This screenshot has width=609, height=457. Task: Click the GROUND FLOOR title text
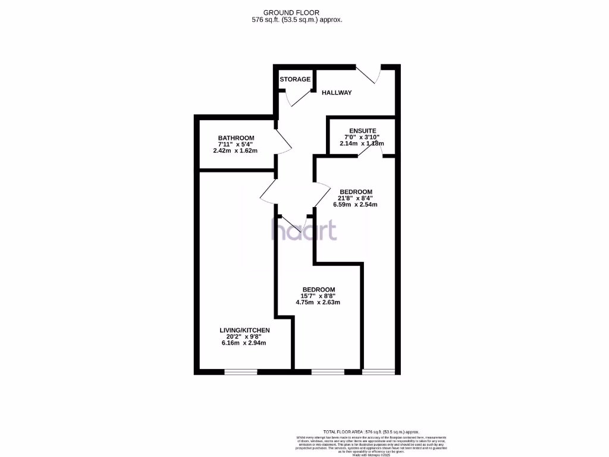pos(291,12)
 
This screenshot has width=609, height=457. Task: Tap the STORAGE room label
pos(295,79)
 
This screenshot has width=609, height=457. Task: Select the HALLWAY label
pos(337,93)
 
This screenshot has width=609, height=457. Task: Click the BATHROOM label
pos(236,138)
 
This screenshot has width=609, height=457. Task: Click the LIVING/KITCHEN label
pos(244,330)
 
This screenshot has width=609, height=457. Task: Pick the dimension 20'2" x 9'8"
pos(244,337)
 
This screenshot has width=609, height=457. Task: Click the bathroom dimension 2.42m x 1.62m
pos(236,151)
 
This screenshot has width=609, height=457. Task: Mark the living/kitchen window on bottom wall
pos(241,372)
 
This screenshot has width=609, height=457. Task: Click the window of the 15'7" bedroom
pos(328,372)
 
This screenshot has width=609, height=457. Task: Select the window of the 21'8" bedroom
pos(379,372)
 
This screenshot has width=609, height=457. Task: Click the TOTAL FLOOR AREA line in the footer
pos(371,431)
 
